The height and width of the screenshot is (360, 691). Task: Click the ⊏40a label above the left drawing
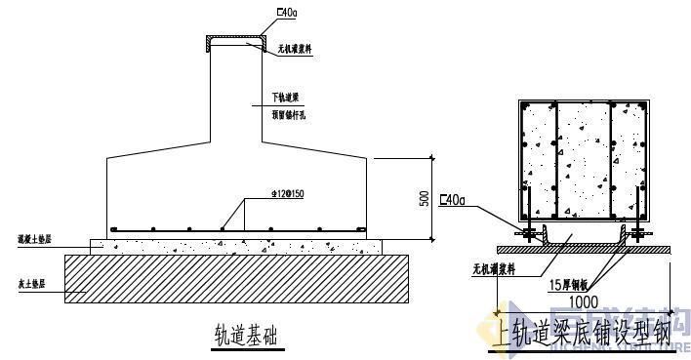[x=287, y=12]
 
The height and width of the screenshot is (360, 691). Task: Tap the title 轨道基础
[x=245, y=334]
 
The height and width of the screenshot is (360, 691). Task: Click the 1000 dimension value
[x=584, y=302]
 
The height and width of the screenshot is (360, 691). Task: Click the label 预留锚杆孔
[x=290, y=115]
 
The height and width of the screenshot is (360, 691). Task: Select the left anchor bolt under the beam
[x=527, y=232]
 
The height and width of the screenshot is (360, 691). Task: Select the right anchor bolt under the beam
[x=639, y=232]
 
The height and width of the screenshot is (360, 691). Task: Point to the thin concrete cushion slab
[x=234, y=246]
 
